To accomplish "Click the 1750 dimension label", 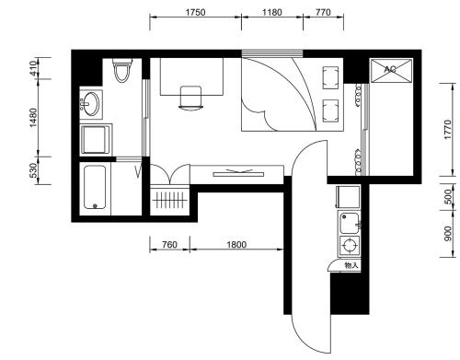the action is tap(195, 12).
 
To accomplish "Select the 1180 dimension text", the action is tap(271, 12).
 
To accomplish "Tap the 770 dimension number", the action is tap(323, 12).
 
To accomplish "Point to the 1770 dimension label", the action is tap(448, 130).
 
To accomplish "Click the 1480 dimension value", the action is tap(33, 118).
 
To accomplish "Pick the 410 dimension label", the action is tap(33, 68).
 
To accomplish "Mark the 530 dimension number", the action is tap(33, 170).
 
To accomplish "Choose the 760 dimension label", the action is tap(169, 245).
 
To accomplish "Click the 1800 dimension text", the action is tap(236, 245).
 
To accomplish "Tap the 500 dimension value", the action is tap(448, 197).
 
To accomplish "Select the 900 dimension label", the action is tap(448, 234).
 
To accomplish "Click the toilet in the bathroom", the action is tap(122, 70).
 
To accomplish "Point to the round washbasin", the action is tap(91, 103).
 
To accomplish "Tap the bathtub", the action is tap(95, 188).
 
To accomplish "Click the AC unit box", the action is tap(391, 71).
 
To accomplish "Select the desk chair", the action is tap(190, 98).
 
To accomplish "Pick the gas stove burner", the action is tap(350, 246).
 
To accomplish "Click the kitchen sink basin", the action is tap(350, 223).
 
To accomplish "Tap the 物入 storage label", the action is tap(351, 265).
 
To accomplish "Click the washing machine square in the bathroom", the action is tap(96, 139).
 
